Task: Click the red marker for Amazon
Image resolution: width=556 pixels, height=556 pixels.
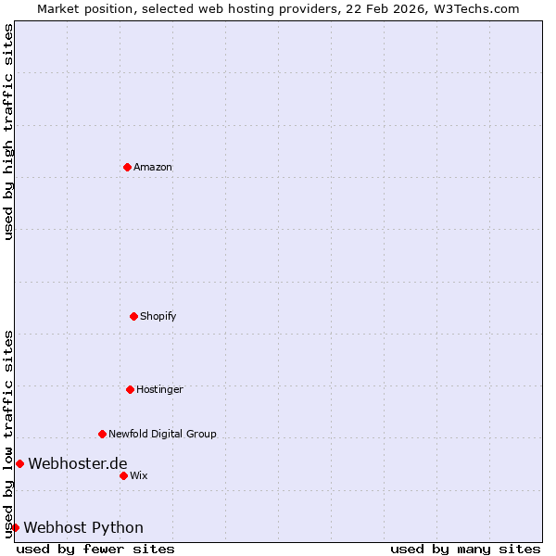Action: tap(127, 167)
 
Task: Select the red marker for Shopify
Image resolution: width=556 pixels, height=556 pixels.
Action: tap(133, 316)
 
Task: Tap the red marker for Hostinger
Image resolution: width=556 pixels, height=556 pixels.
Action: tap(130, 389)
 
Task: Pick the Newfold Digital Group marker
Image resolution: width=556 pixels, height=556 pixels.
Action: tap(102, 434)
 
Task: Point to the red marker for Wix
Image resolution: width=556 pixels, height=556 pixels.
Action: tap(123, 475)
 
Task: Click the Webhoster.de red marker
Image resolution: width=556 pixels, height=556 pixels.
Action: tap(19, 463)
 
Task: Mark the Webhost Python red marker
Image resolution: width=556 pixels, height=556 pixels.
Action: tap(15, 527)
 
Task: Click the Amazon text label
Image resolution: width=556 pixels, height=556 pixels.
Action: tap(153, 167)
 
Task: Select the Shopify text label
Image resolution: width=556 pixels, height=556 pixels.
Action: tap(158, 316)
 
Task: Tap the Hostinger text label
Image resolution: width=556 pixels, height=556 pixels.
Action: tap(160, 389)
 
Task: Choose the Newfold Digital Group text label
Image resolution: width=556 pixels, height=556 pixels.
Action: tap(162, 434)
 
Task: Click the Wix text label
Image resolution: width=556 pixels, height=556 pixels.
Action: tap(139, 475)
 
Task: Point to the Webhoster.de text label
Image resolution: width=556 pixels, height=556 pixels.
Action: tap(78, 463)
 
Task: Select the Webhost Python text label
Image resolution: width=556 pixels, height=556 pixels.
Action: tap(83, 527)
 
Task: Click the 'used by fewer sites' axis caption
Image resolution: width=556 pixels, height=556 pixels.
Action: tap(95, 549)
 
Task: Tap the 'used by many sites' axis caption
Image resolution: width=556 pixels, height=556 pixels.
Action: tap(465, 549)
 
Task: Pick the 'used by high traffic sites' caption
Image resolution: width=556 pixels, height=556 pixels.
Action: tap(8, 133)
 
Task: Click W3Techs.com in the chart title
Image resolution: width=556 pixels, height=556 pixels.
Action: tap(478, 8)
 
